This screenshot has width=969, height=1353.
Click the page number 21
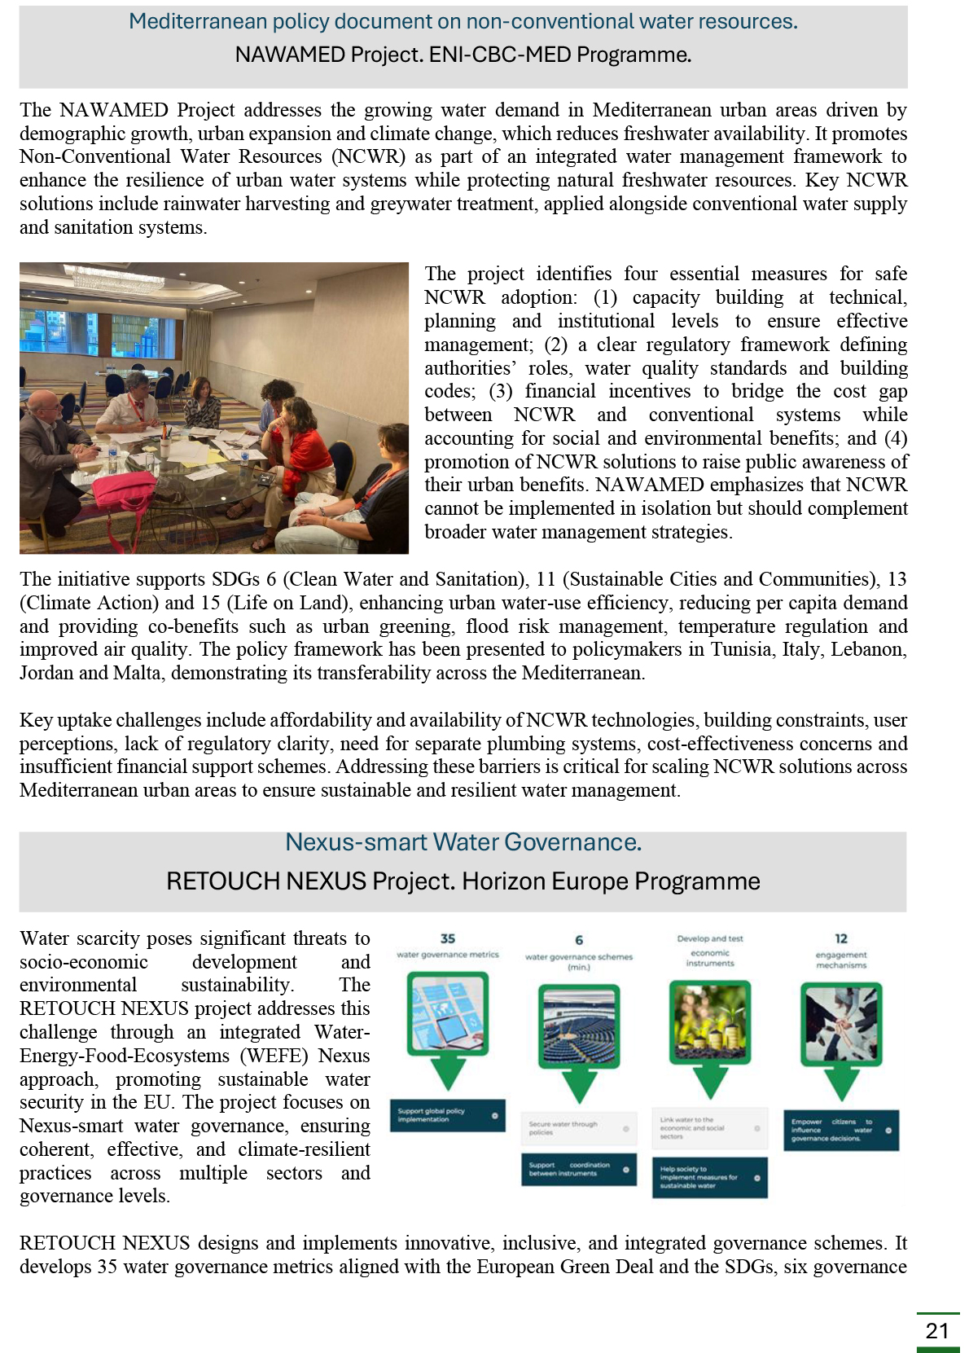[x=937, y=1331]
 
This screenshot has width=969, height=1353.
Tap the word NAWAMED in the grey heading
[x=290, y=55]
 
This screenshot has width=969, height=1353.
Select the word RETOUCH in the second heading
[x=214, y=881]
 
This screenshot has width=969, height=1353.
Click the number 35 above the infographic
[x=448, y=938]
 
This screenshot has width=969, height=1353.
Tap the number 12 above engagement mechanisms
[x=841, y=938]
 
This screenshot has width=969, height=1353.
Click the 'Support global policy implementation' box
[x=447, y=1115]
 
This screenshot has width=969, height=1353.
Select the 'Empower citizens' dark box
[x=840, y=1130]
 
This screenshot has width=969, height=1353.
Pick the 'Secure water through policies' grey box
[x=578, y=1128]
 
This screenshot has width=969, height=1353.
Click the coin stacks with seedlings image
[x=710, y=1018]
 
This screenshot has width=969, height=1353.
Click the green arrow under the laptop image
[x=448, y=1074]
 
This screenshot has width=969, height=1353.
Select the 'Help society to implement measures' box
[x=709, y=1177]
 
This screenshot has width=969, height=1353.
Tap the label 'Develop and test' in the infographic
[x=709, y=938]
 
